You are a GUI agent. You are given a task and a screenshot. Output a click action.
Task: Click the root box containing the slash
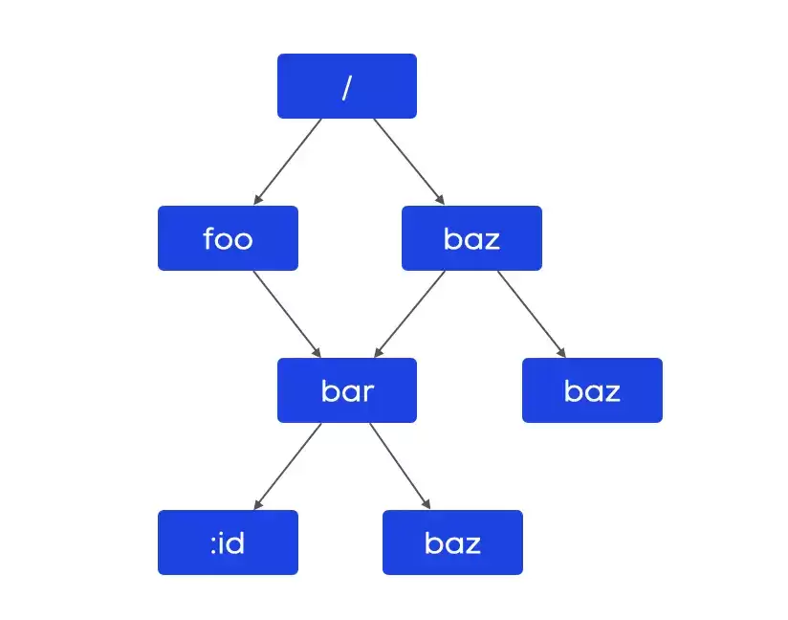pyautogui.click(x=347, y=86)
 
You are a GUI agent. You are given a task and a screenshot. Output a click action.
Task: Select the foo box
pyautogui.click(x=228, y=238)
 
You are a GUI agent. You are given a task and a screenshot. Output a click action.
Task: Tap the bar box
pyautogui.click(x=347, y=390)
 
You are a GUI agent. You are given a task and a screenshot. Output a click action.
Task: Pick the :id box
pyautogui.click(x=228, y=542)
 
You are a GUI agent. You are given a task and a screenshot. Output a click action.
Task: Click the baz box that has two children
pyautogui.click(x=471, y=238)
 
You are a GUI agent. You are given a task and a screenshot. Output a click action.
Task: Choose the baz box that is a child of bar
pyautogui.click(x=452, y=542)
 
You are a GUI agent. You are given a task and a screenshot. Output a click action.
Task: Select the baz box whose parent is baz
pyautogui.click(x=592, y=390)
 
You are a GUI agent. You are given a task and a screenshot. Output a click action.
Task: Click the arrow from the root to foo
pyautogui.click(x=288, y=162)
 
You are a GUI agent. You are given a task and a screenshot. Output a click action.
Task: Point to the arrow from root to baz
pyautogui.click(x=409, y=162)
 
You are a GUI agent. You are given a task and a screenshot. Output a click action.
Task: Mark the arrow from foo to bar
pyautogui.click(x=287, y=314)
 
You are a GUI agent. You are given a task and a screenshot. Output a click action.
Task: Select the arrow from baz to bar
pyautogui.click(x=409, y=314)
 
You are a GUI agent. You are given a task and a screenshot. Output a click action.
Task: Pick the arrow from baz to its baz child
pyautogui.click(x=532, y=314)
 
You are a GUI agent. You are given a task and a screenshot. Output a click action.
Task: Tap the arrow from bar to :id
pyautogui.click(x=288, y=466)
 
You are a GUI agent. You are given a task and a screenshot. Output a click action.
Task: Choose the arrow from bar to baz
pyautogui.click(x=400, y=466)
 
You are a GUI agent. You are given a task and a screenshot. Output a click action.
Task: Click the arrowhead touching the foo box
pyautogui.click(x=258, y=200)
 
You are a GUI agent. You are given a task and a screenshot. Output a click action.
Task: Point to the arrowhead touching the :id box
pyautogui.click(x=258, y=504)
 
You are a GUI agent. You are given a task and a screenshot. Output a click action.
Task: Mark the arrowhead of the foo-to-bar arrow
pyautogui.click(x=317, y=352)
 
